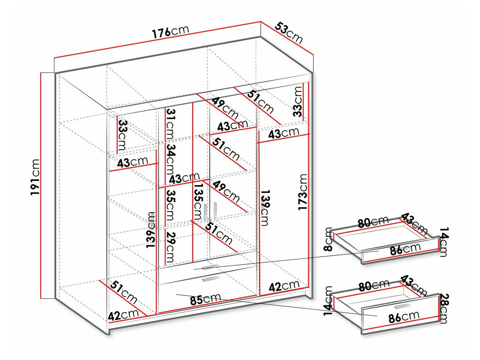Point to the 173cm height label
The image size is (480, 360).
pyautogui.click(x=303, y=192)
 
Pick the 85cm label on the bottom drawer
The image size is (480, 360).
pyautogui.click(x=204, y=299)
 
